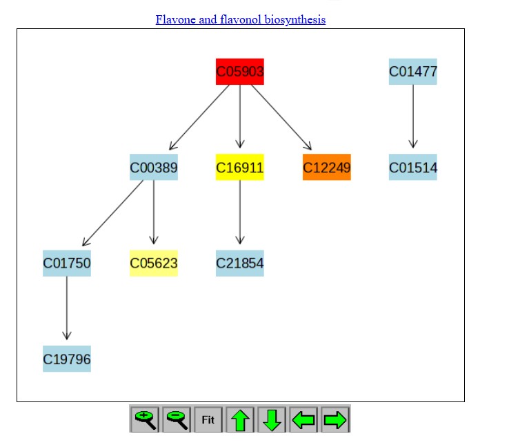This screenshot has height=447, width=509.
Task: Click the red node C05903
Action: click(240, 72)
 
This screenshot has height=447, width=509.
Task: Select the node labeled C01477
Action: click(413, 72)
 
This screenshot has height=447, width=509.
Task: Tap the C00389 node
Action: click(154, 167)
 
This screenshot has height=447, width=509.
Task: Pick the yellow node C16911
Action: click(240, 167)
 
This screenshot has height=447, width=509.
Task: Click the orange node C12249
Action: click(326, 167)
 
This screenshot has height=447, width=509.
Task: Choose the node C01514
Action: click(413, 167)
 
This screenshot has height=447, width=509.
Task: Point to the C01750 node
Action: click(67, 264)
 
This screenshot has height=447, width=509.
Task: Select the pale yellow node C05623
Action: click(154, 264)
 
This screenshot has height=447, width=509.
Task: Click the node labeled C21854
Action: click(240, 264)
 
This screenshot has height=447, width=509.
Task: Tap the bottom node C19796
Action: click(67, 359)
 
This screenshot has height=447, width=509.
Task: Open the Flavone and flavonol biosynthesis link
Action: click(241, 20)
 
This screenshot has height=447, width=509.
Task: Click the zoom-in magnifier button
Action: click(145, 419)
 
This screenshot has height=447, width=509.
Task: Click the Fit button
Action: click(208, 419)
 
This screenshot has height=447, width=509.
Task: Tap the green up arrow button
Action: click(240, 419)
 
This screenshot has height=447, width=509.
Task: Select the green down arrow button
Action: click(272, 419)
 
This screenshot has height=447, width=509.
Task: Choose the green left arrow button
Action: click(303, 419)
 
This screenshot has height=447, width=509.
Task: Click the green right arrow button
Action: click(335, 419)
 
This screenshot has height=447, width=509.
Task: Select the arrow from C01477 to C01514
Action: click(413, 116)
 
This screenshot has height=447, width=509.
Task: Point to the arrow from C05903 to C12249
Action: click(281, 117)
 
